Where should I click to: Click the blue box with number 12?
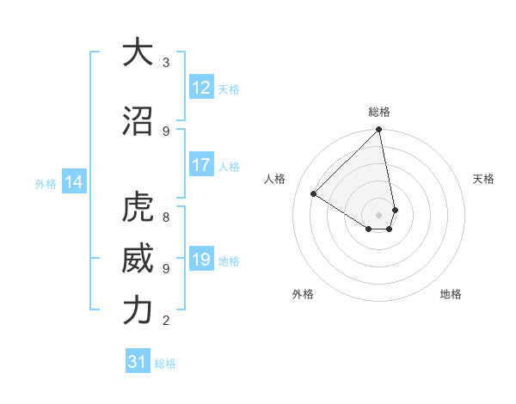coord(201,88)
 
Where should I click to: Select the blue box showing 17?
coord(201,166)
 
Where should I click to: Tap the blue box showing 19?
coord(201,260)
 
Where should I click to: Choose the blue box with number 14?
coord(73,182)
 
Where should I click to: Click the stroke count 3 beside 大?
coord(166,63)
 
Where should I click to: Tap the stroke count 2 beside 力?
coord(166,321)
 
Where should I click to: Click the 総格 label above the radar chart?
coord(379,112)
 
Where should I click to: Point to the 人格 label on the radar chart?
coord(275,179)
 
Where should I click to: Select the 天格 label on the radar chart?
coord(483,179)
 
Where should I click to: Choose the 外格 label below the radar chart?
coord(303,294)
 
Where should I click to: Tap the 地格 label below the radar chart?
coord(451,294)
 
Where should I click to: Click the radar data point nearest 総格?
coord(379,131)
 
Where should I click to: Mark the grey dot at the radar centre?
coord(379,214)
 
